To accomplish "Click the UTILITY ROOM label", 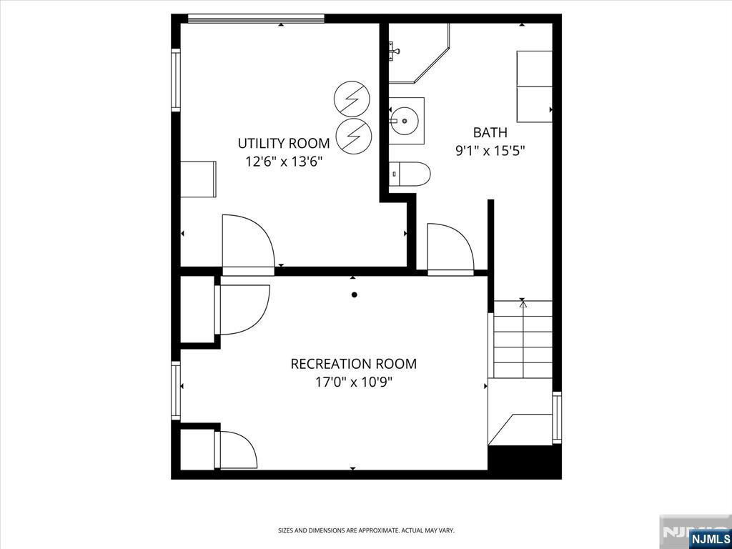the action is (283, 143).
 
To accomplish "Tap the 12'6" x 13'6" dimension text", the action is (285, 162).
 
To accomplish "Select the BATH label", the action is (490, 132).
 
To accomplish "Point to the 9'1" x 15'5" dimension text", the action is (490, 151).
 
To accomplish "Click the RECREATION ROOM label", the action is (353, 364).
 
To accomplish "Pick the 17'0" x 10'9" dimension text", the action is (353, 382).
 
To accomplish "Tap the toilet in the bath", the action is (410, 174).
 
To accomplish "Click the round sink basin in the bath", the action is (405, 120).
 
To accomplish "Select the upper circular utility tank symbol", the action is (352, 99).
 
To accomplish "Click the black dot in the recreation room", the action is (355, 295).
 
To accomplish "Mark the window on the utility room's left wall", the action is (176, 80).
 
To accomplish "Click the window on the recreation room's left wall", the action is (176, 390).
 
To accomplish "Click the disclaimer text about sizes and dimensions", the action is (366, 530).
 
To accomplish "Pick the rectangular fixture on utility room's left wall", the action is (198, 179).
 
